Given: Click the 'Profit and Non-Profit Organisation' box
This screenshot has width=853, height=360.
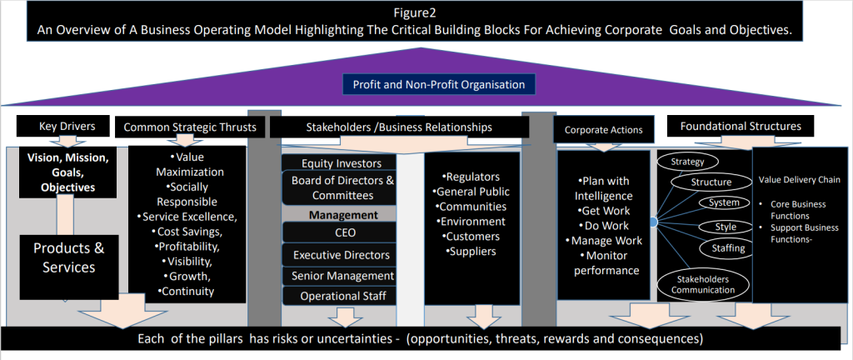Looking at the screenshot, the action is click(438, 85).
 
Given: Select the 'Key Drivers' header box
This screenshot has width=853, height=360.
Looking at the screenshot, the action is click(67, 126).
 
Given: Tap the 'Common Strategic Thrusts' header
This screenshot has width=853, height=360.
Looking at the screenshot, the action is click(190, 127).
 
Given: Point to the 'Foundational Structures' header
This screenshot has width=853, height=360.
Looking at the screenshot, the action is click(741, 126).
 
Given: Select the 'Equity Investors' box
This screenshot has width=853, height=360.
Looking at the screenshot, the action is click(341, 162).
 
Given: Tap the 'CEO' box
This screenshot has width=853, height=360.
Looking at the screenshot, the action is click(341, 232).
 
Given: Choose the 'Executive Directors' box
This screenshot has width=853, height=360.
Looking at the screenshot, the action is click(341, 254).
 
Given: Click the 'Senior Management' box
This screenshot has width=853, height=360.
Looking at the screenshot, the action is click(341, 276).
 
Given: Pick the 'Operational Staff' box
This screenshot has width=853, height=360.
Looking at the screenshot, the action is click(341, 296).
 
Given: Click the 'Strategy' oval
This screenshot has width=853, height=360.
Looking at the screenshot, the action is click(687, 162).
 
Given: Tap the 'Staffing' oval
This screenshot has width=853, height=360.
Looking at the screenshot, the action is click(728, 248).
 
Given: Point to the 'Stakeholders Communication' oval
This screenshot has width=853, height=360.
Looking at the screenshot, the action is click(703, 285).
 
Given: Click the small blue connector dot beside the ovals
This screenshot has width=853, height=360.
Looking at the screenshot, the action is click(653, 222).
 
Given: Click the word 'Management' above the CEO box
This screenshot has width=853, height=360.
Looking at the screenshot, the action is click(343, 215).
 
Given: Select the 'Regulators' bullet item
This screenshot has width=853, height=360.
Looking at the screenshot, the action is click(471, 177).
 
